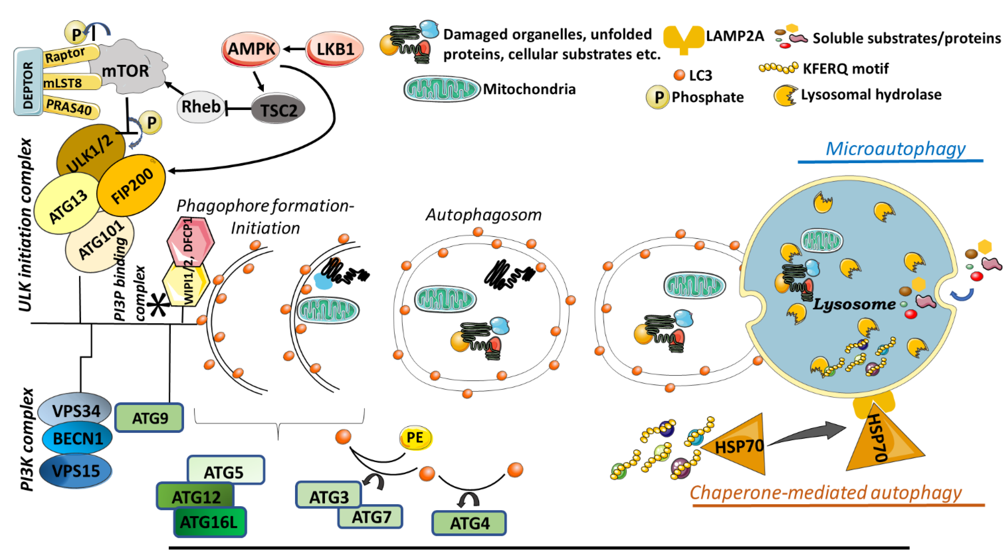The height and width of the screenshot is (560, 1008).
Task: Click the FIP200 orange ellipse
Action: pos(131,185)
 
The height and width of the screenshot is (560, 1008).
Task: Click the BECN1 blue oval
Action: pos(77,438)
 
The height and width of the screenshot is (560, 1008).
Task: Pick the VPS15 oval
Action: pos(76,470)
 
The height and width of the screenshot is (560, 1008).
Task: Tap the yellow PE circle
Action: pos(415,437)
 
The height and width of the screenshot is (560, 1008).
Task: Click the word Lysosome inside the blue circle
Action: pos(854,304)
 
